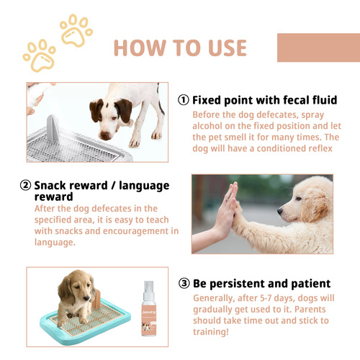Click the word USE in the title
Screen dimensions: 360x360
[222, 48]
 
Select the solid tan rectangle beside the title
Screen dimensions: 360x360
[318, 47]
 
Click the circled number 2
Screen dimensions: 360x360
[27, 185]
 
